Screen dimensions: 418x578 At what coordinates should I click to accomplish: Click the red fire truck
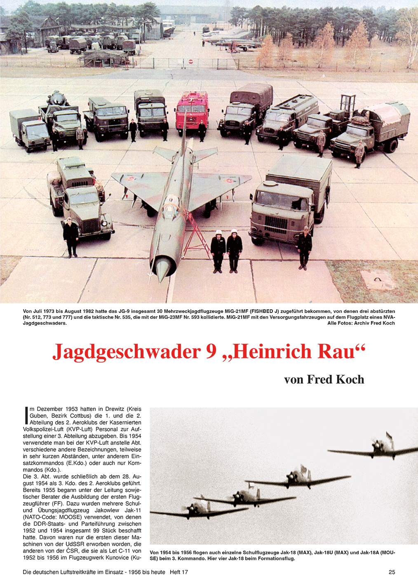[192, 111]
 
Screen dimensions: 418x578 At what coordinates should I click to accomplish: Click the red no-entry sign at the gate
[190, 62]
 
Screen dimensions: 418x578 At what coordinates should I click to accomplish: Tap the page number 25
[392, 572]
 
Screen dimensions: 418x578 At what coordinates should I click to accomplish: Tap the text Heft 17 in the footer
[179, 572]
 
